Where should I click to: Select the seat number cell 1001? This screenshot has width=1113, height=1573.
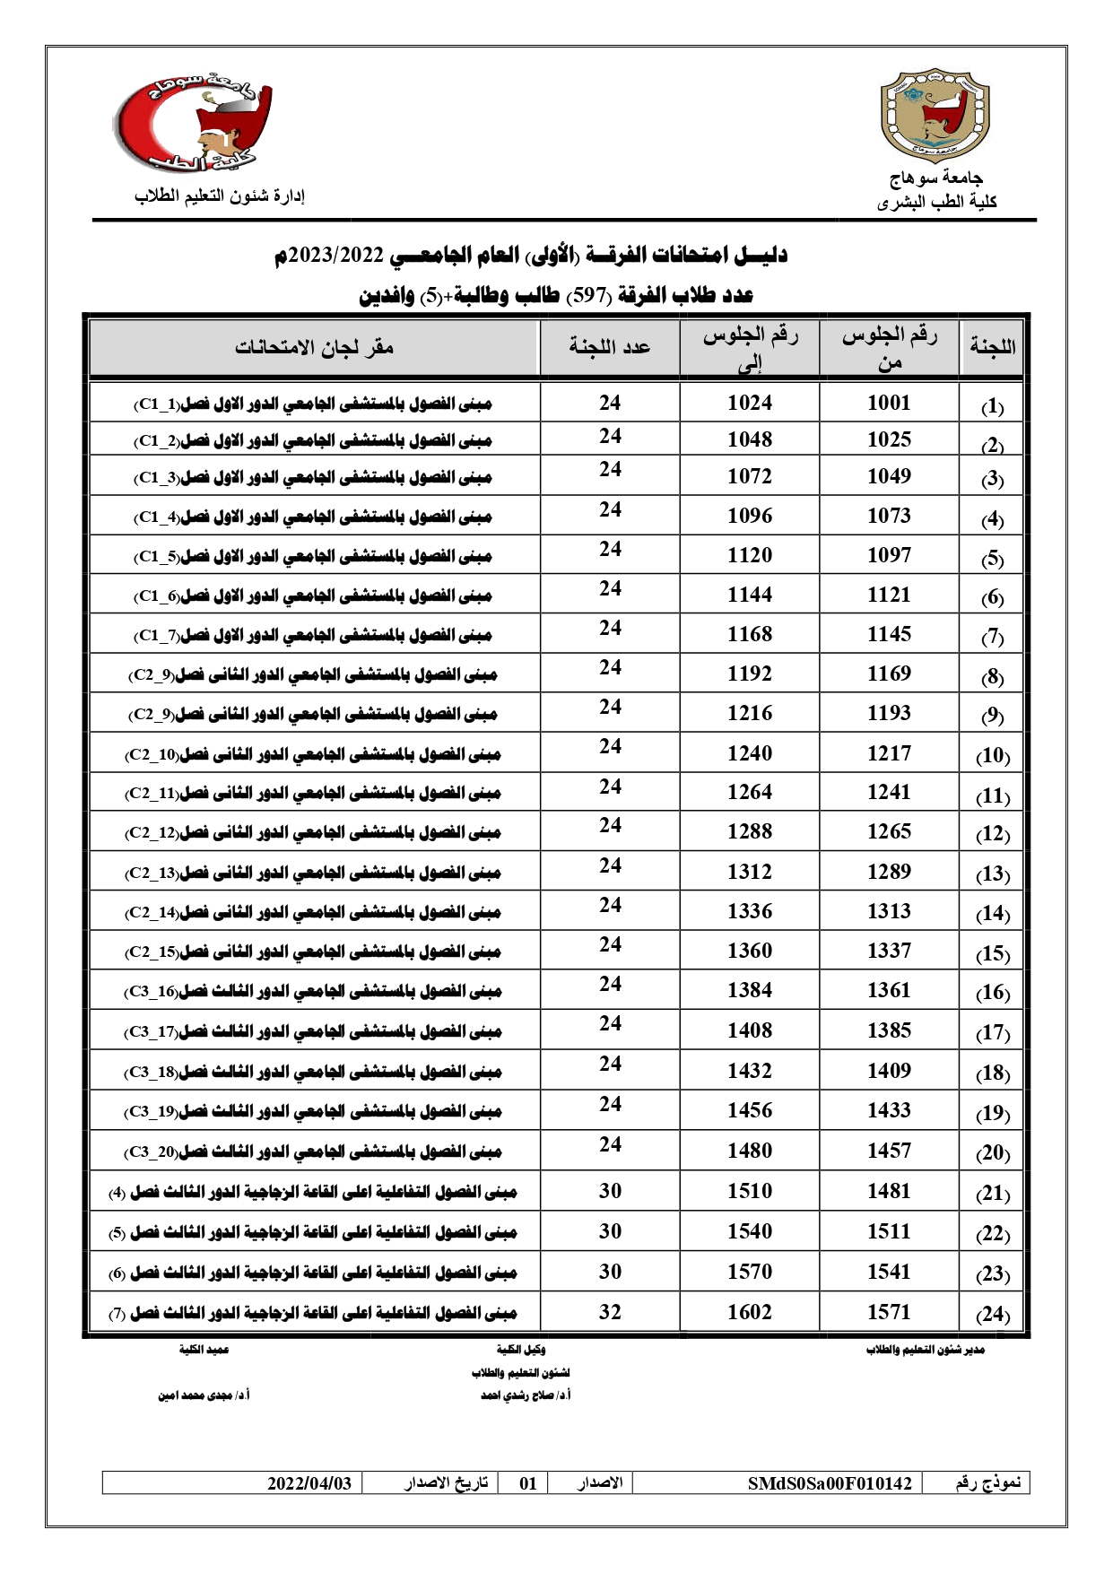(889, 404)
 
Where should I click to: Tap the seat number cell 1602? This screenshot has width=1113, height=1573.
(750, 1312)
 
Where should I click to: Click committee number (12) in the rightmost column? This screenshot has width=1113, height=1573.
(992, 834)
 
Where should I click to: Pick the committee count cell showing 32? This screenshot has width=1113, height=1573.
(610, 1312)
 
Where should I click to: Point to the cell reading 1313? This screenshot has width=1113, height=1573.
(889, 911)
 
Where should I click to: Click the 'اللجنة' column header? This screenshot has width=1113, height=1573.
(993, 347)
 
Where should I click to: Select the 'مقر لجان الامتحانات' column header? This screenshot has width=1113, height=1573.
(315, 347)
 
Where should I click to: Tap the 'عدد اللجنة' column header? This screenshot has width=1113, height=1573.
(610, 347)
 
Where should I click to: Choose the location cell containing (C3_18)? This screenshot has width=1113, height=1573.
(314, 1072)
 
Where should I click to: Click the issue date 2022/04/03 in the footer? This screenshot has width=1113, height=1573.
(309, 1483)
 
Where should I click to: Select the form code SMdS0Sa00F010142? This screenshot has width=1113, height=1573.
(829, 1483)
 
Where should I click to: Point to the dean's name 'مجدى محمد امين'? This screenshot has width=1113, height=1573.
(204, 1396)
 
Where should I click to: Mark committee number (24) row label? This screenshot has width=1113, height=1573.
(992, 1315)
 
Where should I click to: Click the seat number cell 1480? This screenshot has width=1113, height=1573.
(750, 1151)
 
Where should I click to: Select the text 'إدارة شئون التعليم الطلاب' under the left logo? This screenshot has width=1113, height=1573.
(220, 196)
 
